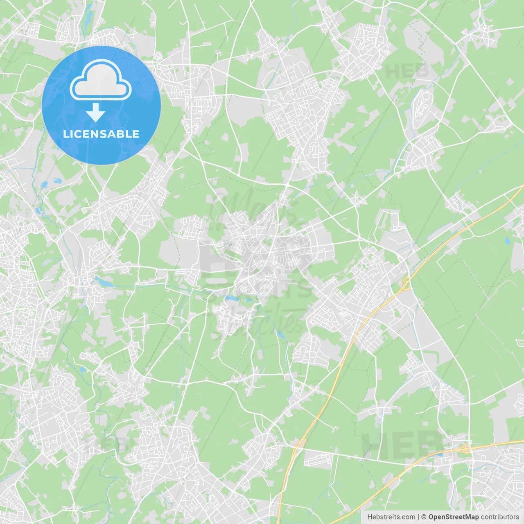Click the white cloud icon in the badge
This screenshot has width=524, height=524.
pos(101,80)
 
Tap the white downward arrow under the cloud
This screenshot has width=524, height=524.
pos(95,113)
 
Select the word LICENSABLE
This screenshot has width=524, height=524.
pos(101,134)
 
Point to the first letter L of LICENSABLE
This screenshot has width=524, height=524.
pos(65,134)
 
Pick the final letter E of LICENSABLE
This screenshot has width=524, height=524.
pos(136,134)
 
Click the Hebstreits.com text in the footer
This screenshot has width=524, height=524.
pos(391,517)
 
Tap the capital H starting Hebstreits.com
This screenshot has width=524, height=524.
pos(370,517)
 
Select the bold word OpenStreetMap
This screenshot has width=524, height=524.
pos(454,517)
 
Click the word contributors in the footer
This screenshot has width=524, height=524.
pos(500,517)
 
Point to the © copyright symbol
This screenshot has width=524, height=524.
pos(424,517)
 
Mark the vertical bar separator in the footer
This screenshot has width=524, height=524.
pos(418,517)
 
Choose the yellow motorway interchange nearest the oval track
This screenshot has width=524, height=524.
pos(407,283)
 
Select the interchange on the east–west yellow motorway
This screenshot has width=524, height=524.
pos(465,449)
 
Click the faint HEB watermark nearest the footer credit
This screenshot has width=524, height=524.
pos(403,446)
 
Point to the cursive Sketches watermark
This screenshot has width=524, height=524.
pos(258,323)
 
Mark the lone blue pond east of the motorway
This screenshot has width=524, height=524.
pos(508,241)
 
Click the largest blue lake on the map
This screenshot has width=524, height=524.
pos(102,282)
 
